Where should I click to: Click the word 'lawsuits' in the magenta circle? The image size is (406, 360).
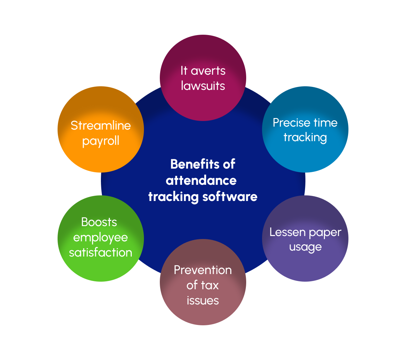click(203, 86)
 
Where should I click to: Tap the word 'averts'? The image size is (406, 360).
click(208, 71)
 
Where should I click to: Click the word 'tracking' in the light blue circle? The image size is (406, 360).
click(305, 138)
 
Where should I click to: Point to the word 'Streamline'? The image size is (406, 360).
click(101, 126)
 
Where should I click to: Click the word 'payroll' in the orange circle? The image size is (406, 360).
click(101, 141)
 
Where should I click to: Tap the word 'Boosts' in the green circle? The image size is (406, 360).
click(99, 222)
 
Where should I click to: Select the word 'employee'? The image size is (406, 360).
click(100, 238)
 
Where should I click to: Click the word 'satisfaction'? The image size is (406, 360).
click(101, 252)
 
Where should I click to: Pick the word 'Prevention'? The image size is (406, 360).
click(203, 270)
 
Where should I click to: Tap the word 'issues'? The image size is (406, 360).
click(203, 300)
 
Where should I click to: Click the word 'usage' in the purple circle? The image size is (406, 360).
click(305, 248)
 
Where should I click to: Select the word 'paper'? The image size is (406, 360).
click(325, 233)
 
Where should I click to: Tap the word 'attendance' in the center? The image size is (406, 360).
click(201, 180)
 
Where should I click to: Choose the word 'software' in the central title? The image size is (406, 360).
click(230, 197)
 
